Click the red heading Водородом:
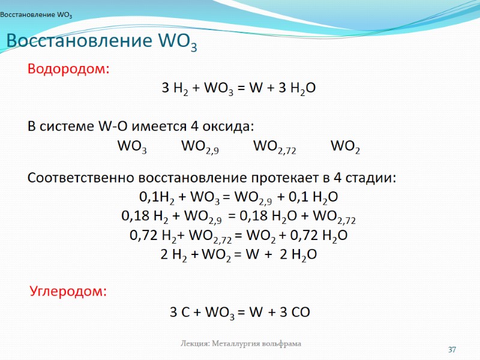[x=69, y=69]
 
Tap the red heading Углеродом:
[x=68, y=292]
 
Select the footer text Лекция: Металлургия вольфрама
[x=241, y=344]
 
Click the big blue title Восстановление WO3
[x=101, y=42]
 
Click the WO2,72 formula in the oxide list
[x=275, y=147]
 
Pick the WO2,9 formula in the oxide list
[x=200, y=147]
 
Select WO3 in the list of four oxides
[x=132, y=147]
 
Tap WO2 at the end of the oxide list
[x=346, y=147]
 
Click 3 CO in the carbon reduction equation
[x=294, y=312]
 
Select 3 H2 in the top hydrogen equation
[x=175, y=89]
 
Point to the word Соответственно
[x=82, y=178]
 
